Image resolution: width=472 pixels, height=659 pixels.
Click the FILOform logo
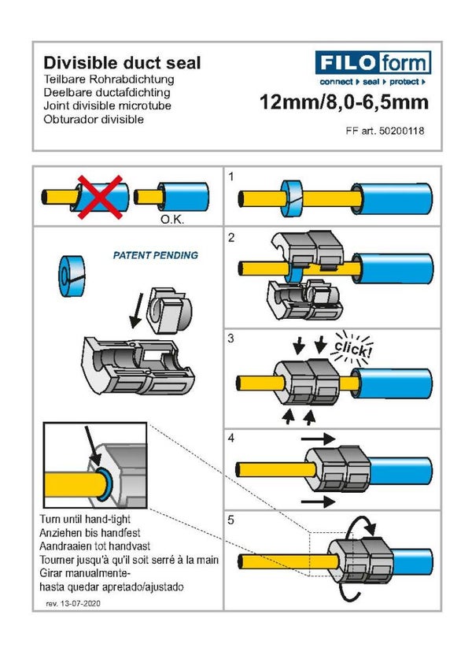click(373, 62)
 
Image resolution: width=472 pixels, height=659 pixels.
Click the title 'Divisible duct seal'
click(121, 63)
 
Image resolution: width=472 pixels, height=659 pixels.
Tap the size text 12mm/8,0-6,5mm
click(344, 102)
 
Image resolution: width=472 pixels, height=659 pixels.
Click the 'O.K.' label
click(172, 220)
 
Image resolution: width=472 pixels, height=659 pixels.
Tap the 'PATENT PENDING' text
click(156, 256)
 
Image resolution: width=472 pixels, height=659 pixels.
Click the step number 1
click(231, 176)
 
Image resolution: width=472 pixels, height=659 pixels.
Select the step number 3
click(231, 339)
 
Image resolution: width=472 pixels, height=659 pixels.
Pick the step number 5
click(231, 520)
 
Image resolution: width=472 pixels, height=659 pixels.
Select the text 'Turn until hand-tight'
click(95, 520)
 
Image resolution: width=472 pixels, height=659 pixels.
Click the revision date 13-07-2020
click(79, 603)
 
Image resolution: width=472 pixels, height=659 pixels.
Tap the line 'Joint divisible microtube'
click(107, 106)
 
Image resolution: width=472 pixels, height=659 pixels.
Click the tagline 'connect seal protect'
click(372, 82)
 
